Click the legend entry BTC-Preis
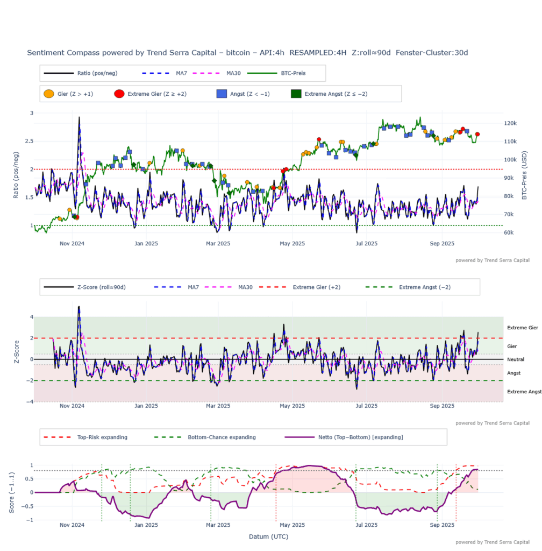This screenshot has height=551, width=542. (293, 73)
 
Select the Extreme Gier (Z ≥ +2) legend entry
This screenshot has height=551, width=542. (151, 94)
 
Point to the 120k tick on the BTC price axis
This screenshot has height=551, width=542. (511, 123)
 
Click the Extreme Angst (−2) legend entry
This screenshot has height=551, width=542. (424, 287)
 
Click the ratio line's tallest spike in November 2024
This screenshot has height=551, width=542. (79, 117)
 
